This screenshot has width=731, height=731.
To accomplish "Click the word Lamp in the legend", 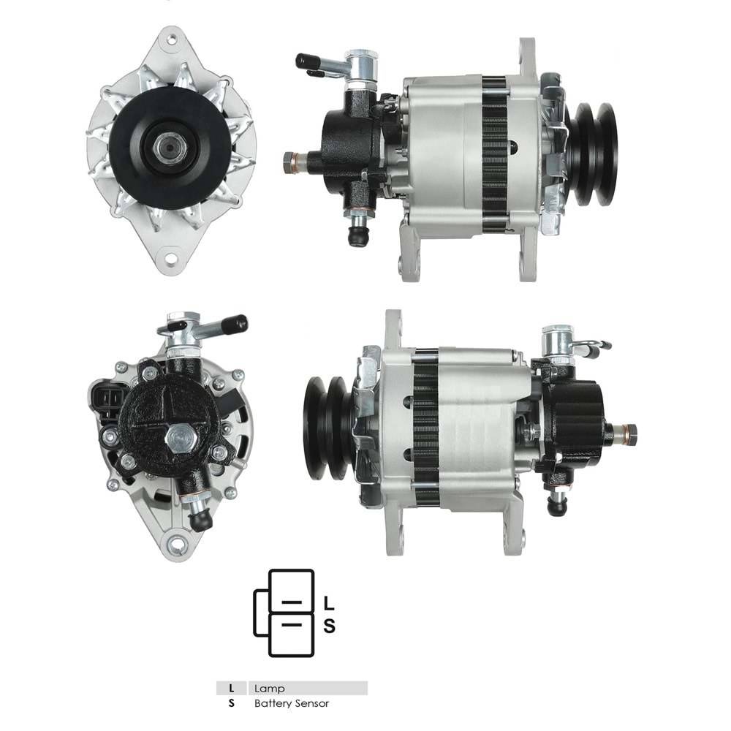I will [270, 688].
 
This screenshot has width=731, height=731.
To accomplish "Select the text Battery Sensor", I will [292, 703].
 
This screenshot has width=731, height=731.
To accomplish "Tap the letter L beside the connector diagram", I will [329, 604].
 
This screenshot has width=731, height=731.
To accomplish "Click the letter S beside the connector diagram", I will [329, 626].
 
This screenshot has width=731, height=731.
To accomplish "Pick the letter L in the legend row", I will [232, 688].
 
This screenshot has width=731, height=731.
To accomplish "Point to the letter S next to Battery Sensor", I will [232, 703].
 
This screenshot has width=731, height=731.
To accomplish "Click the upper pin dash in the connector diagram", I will [292, 602].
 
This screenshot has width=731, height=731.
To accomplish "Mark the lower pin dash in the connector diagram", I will [292, 625].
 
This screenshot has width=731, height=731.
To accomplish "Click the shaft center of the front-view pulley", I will [169, 146].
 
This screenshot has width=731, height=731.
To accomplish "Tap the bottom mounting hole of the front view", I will [170, 257].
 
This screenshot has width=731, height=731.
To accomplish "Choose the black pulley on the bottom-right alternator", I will [327, 428].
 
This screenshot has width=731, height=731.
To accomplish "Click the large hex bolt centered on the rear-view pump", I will [178, 439].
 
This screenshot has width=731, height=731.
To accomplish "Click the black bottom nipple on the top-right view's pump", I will [357, 238].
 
